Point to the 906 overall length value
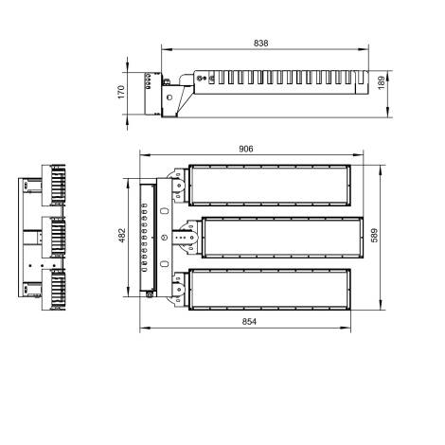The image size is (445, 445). [246, 148]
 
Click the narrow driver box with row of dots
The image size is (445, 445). [148, 237]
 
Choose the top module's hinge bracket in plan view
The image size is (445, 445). [178, 185]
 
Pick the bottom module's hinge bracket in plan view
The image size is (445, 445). [178, 289]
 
